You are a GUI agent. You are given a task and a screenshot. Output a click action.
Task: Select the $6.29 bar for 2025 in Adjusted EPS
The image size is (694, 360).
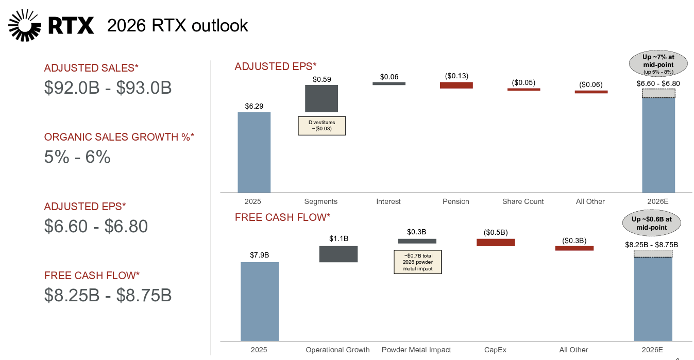254,152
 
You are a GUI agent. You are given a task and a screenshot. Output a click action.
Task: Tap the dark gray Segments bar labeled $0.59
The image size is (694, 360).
321,98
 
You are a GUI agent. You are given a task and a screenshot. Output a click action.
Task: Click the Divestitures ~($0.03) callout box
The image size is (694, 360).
322,126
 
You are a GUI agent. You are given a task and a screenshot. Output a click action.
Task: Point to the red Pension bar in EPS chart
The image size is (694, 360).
456,85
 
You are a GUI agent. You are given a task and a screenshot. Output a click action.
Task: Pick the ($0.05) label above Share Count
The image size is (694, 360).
523,82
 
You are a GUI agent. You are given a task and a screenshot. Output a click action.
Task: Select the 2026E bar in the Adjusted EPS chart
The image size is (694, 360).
658,144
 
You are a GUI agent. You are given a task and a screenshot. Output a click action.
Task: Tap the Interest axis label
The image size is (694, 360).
388,201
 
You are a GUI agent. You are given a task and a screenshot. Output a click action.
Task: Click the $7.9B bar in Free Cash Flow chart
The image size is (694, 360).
260,301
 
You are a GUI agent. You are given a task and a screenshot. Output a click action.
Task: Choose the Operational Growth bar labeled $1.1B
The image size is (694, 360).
338,254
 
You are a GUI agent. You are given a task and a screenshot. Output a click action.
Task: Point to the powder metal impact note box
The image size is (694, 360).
417,262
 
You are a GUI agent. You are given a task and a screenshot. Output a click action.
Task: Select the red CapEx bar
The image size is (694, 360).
496,242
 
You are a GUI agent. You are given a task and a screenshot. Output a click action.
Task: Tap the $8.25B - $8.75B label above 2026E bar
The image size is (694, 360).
651,245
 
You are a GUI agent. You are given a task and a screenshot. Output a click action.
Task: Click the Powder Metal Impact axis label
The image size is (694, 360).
416,350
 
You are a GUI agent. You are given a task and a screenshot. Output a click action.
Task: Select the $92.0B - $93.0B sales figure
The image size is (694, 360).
108,88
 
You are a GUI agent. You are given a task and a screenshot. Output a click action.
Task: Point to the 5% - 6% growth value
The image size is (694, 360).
77,157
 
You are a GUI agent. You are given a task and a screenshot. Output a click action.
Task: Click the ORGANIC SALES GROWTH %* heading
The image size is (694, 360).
119,137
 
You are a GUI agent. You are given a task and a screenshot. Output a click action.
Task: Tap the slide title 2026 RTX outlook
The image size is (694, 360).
177,25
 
